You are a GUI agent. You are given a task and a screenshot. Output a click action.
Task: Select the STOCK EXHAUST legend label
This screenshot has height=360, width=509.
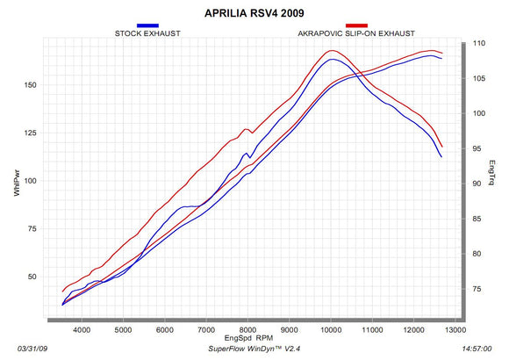[147, 33]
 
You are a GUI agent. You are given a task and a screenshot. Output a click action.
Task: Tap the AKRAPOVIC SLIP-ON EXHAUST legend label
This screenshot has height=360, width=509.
[355, 33]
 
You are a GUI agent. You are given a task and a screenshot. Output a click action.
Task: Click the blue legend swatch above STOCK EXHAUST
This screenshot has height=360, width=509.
[147, 25]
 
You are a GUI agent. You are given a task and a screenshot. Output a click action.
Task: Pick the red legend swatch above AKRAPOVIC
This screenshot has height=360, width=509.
[356, 25]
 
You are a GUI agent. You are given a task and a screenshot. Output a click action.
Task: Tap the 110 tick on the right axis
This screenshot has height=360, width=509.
[479, 42]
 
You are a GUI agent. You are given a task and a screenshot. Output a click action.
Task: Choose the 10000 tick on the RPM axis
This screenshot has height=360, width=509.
[331, 330]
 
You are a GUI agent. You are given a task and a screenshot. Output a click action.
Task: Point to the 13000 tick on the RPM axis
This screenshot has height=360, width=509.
[455, 330]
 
